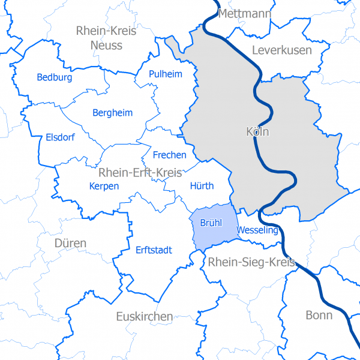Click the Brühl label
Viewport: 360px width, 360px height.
[211, 223]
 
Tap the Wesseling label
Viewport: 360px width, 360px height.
[257, 230]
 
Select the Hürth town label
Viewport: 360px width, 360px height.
[201, 186]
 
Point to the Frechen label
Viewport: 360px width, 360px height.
[170, 155]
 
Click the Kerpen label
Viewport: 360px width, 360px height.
[104, 186]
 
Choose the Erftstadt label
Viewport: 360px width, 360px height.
[154, 250]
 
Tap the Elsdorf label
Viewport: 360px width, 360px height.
[60, 137]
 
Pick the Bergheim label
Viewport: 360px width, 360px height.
[113, 113]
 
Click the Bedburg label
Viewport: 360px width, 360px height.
[54, 77]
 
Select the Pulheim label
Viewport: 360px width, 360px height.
[166, 74]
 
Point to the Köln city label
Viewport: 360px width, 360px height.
[258, 131]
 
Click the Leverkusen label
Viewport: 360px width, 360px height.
[282, 50]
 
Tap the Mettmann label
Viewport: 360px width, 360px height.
[245, 14]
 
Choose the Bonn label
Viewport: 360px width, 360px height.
[319, 315]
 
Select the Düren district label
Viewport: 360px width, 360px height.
[70, 243]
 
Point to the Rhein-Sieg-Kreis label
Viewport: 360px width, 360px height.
[252, 262]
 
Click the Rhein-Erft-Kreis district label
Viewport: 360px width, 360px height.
[140, 173]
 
